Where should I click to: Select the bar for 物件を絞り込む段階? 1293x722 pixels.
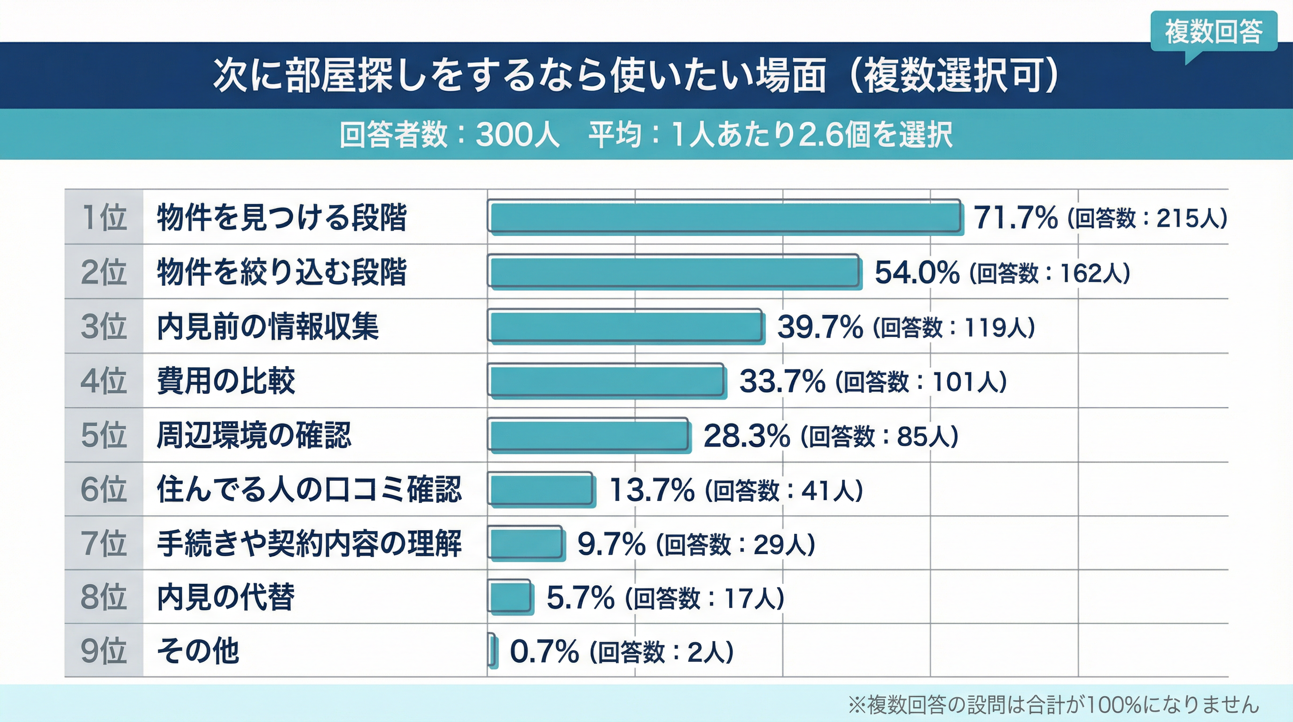[x=674, y=272]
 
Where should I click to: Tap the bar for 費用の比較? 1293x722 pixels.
[x=607, y=381]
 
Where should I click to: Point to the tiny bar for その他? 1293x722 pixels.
[x=492, y=651]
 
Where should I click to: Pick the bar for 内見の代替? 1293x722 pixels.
[x=509, y=597]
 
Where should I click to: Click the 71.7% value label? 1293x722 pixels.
[x=1016, y=218]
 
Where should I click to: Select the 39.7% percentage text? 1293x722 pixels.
[x=820, y=327]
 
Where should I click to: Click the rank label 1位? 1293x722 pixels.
[x=104, y=218]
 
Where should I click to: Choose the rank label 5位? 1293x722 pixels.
[x=104, y=435]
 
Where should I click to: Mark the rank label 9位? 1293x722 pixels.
[x=104, y=651]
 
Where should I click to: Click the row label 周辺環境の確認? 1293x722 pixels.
[x=254, y=435]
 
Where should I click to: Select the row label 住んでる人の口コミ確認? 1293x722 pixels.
[x=309, y=489]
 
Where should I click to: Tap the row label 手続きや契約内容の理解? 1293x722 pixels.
[x=309, y=544]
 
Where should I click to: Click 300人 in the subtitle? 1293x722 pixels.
[x=517, y=134]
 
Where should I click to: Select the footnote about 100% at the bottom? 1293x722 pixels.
[x=1053, y=705]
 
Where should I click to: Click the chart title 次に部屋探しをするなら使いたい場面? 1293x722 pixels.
[x=520, y=76]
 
